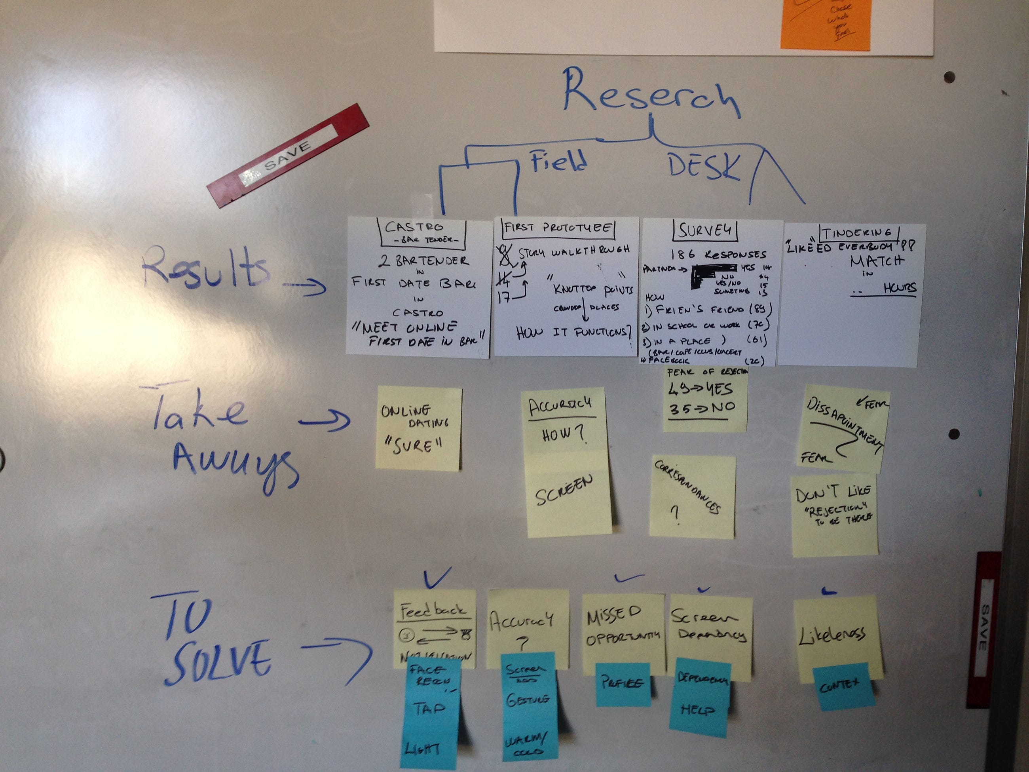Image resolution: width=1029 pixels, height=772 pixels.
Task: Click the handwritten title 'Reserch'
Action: coord(651,95)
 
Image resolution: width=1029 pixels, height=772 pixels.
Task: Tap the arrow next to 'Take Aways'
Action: coord(324,421)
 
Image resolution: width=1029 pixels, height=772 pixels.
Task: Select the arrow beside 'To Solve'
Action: coord(337,656)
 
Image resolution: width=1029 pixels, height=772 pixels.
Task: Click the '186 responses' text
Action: coord(718,255)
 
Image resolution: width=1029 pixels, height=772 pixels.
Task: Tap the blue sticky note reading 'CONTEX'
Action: coord(842,685)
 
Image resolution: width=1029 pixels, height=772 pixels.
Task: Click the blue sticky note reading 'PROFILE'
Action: coord(623,683)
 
